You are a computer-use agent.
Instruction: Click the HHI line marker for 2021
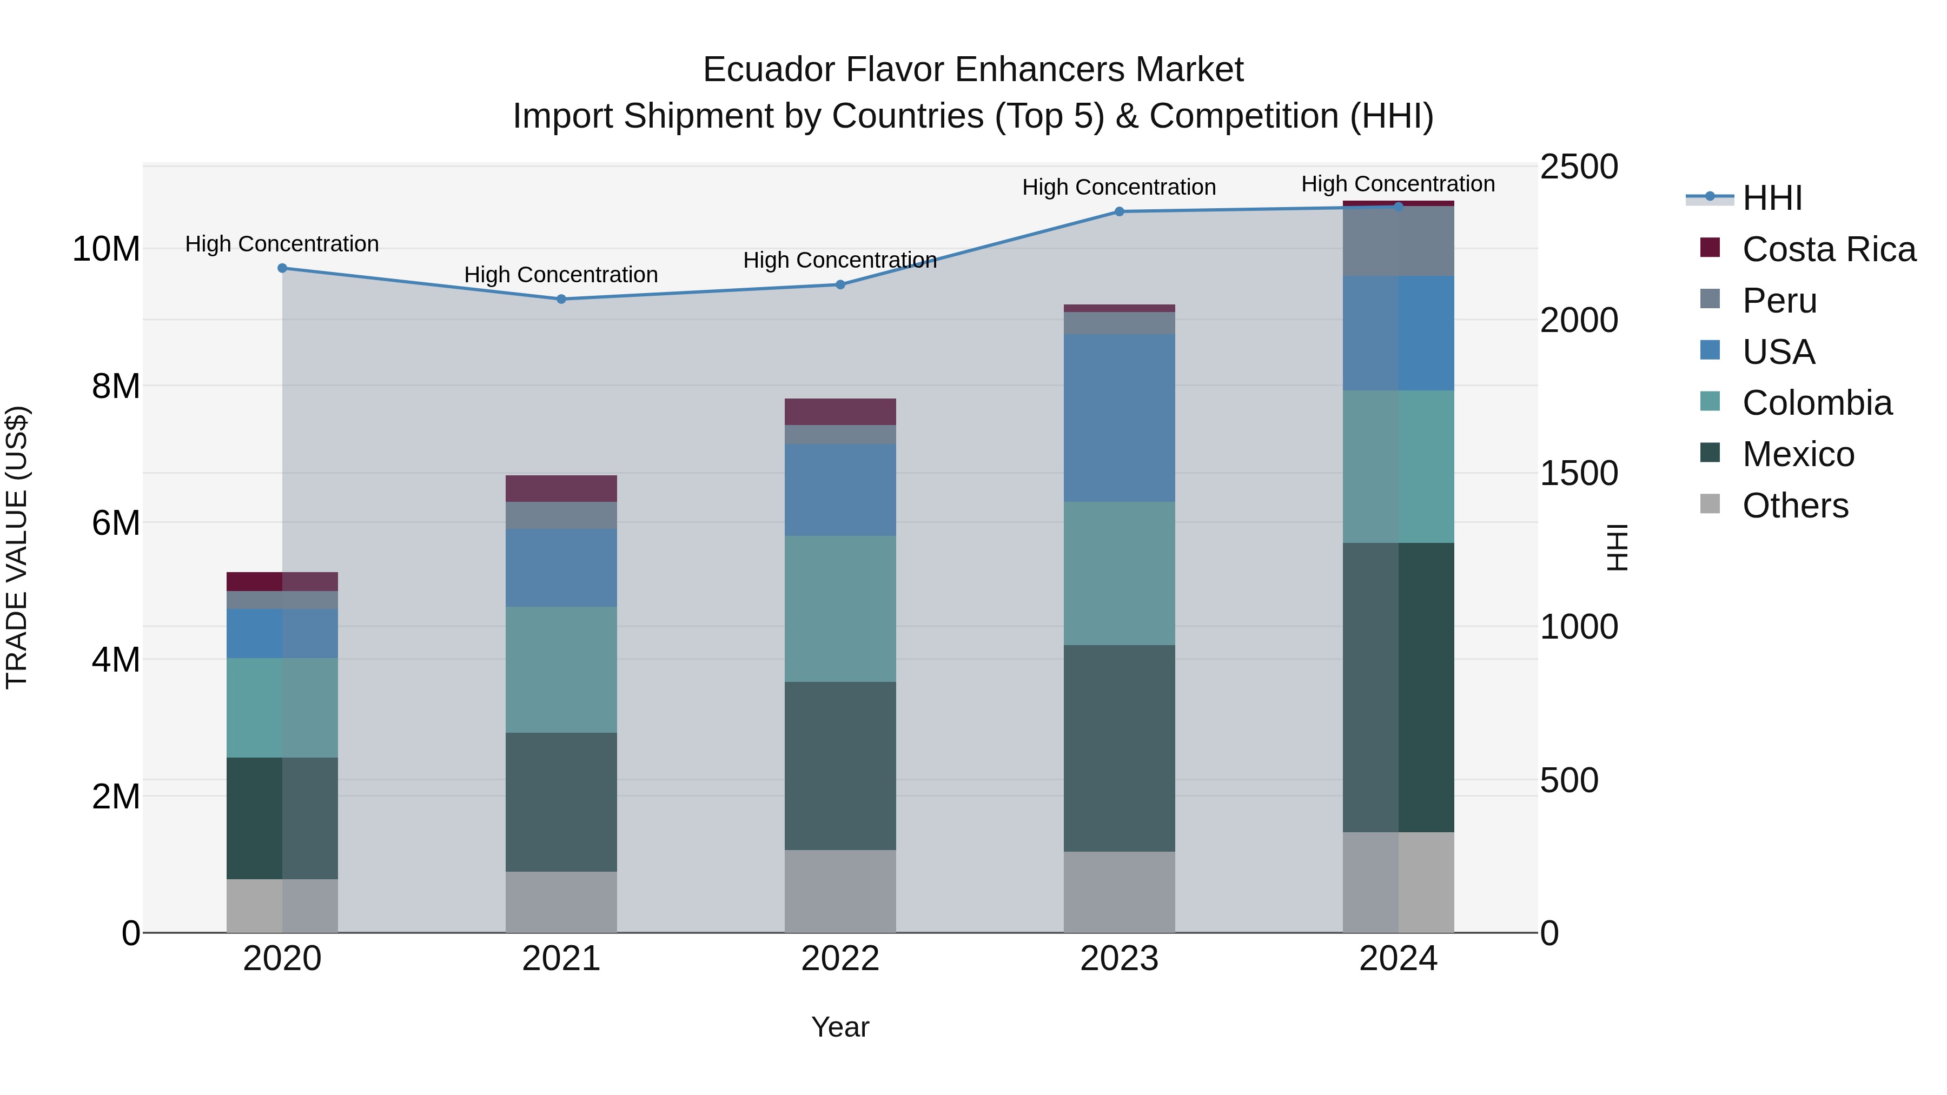(x=561, y=299)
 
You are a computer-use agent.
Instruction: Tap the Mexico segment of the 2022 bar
(x=840, y=766)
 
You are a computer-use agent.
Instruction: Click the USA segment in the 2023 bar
(x=1120, y=418)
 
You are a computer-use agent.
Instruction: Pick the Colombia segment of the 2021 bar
(x=561, y=669)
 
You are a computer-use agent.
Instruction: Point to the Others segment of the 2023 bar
(x=1120, y=892)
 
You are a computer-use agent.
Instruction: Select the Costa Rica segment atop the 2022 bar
(x=840, y=412)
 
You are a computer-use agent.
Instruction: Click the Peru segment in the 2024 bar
(x=1398, y=241)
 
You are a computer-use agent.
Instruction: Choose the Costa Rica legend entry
(x=1829, y=249)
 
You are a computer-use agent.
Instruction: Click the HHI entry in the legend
(x=1772, y=199)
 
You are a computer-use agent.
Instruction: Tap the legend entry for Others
(x=1795, y=506)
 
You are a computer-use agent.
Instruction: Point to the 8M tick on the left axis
(x=116, y=386)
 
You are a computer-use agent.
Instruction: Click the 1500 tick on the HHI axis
(x=1578, y=474)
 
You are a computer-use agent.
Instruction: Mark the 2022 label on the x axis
(x=840, y=959)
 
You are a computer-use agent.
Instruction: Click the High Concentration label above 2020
(x=282, y=244)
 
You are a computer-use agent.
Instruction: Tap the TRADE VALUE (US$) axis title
(x=17, y=547)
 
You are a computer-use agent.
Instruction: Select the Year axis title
(x=840, y=1027)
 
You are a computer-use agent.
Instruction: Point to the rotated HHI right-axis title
(x=1616, y=547)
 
